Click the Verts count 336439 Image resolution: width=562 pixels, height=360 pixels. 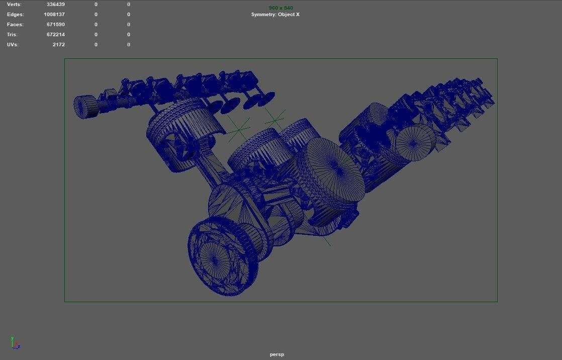coord(55,5)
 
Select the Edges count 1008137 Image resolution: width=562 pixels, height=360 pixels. coord(54,15)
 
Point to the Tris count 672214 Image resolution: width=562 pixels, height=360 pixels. coord(55,35)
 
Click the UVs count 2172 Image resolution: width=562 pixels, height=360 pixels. coord(58,45)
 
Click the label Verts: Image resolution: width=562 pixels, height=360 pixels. coord(14,5)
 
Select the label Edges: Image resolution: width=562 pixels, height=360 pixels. coord(15,15)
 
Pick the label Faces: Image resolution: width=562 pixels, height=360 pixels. coord(15,25)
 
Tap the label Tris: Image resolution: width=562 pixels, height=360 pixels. coord(12,35)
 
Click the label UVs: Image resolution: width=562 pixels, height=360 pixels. coord(13,45)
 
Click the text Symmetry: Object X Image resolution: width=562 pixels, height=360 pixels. coord(275,15)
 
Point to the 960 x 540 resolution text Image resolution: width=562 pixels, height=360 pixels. coord(280,8)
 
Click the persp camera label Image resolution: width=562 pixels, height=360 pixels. coord(276,354)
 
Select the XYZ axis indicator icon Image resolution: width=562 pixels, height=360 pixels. coord(15,343)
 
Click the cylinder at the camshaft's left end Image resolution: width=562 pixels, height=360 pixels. coord(85,107)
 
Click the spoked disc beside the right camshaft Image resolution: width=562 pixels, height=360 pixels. coord(415,142)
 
